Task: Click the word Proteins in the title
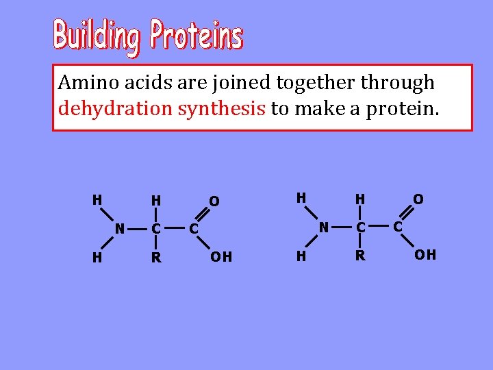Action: tap(196, 35)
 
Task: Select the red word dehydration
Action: tap(116, 108)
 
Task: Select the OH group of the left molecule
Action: tap(221, 257)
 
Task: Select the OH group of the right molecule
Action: tap(425, 256)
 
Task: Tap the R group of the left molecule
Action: tap(157, 258)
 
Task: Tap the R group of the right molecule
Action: tap(360, 256)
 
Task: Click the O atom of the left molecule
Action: tap(214, 201)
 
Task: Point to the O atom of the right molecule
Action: tap(418, 199)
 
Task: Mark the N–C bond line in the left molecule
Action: tap(138, 228)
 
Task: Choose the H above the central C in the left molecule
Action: tap(157, 201)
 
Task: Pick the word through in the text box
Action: tap(398, 83)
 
